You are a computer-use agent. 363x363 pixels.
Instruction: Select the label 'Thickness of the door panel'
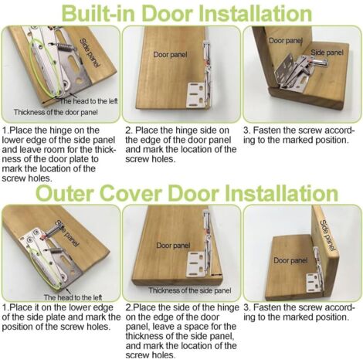(56, 113)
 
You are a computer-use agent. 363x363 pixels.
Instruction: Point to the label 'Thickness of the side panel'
(190, 290)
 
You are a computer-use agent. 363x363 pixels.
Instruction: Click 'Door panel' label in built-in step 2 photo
(170, 55)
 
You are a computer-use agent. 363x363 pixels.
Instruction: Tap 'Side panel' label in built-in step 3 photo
(327, 53)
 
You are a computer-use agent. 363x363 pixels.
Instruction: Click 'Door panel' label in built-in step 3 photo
(285, 41)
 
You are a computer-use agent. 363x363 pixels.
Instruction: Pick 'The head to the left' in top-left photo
(89, 101)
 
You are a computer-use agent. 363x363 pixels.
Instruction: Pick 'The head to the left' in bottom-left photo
(73, 297)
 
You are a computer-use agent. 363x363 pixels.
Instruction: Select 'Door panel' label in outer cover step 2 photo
(173, 246)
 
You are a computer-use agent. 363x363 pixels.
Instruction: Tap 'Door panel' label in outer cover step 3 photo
(290, 260)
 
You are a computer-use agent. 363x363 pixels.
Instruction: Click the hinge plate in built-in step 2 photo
(195, 95)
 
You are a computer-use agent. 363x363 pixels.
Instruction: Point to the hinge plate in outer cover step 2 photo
(198, 265)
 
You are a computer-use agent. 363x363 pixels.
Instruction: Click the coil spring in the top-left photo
(65, 47)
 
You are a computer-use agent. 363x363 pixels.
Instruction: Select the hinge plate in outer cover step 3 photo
(314, 283)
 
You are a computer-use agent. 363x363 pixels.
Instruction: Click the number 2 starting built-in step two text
(128, 131)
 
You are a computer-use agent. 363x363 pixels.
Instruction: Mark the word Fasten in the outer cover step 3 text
(266, 307)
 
